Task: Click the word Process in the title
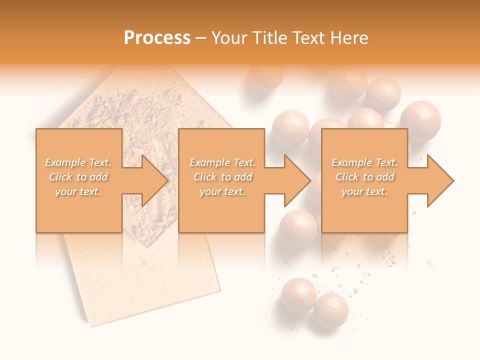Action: click(157, 38)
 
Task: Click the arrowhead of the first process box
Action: click(153, 180)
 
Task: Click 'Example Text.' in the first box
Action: click(78, 162)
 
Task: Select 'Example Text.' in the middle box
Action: click(222, 162)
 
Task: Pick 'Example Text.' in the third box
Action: click(364, 162)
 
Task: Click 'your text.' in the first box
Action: click(78, 191)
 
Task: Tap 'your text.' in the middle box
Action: click(222, 191)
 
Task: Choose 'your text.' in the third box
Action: click(364, 191)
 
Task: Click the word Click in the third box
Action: click(347, 177)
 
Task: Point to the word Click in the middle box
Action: click(205, 177)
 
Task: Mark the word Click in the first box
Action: click(60, 177)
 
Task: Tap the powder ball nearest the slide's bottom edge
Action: click(331, 310)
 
